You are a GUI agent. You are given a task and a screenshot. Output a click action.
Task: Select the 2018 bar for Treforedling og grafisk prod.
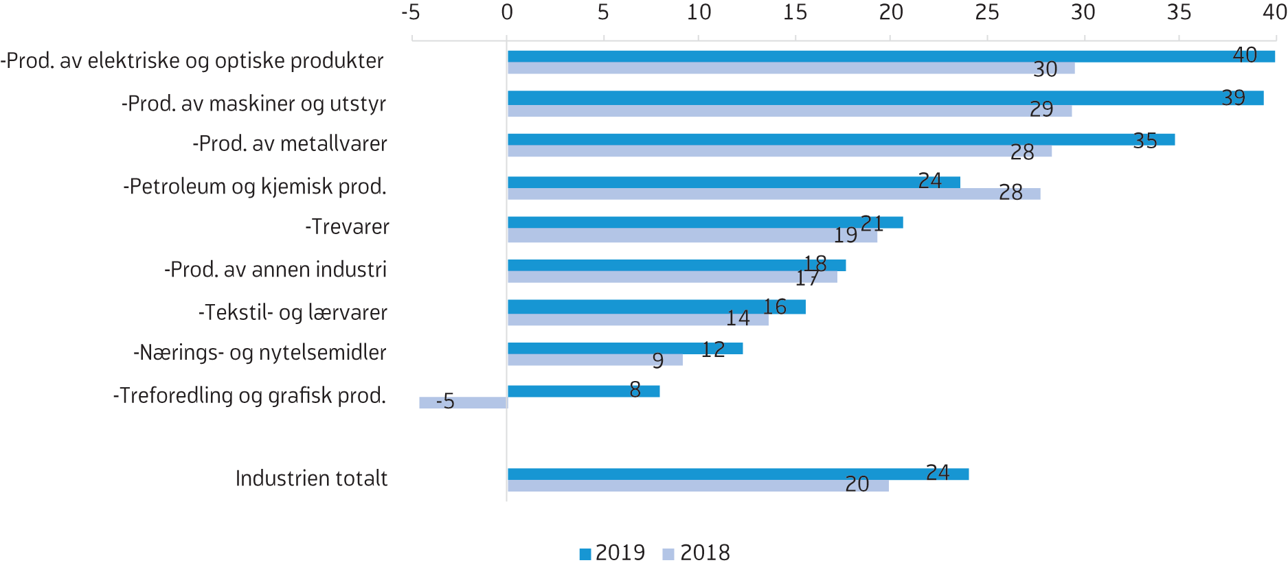pos(464,403)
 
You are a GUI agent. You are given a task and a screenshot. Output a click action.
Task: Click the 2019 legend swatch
pos(585,554)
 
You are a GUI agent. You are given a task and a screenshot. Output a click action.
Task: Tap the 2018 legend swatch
pos(668,554)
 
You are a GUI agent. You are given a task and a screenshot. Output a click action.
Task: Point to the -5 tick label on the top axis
pos(411,12)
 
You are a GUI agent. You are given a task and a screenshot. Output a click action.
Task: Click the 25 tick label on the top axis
pos(987,12)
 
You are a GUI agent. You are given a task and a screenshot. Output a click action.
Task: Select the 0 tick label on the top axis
pos(507,12)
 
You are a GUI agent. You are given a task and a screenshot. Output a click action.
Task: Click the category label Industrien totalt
pos(311,478)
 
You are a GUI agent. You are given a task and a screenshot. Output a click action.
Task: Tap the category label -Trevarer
pos(347,227)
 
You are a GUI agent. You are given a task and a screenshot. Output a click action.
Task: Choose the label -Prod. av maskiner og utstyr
pos(253,104)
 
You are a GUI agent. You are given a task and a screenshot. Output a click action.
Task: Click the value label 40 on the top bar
pos(1245,55)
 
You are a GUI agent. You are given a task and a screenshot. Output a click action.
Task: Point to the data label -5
pos(445,401)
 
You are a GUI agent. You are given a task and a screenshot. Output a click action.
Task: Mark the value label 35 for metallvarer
pos(1145,141)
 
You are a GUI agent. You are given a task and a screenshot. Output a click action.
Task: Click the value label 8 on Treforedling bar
pos(635,390)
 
